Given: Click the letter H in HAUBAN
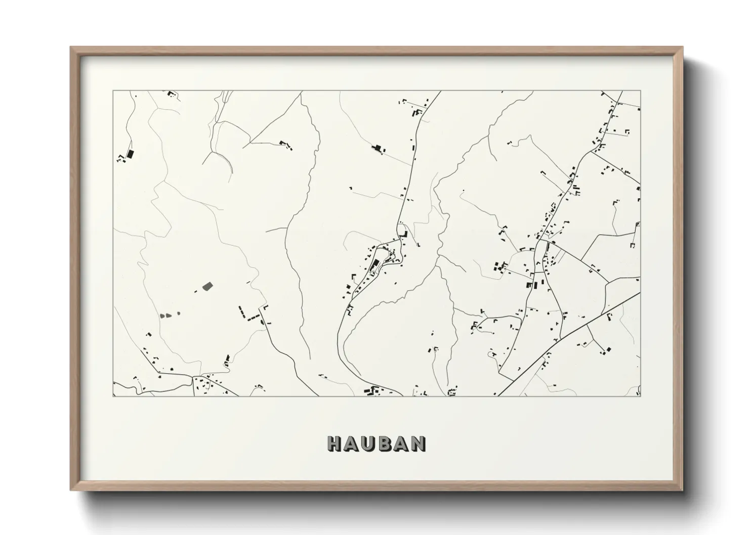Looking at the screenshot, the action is click(x=336, y=443).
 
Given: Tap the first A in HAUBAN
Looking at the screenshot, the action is click(x=353, y=443).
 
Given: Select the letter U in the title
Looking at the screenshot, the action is click(x=369, y=443).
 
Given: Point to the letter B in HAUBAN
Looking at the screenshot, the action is click(x=386, y=443).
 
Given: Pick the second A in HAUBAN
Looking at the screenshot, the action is click(x=401, y=443).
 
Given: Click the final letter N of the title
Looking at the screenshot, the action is click(x=418, y=443).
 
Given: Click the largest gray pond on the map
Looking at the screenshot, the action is click(x=207, y=286).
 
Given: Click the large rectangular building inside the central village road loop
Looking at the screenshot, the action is click(x=376, y=264).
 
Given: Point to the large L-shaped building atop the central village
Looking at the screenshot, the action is click(x=404, y=235).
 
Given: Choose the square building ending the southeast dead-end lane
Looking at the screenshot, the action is click(x=609, y=349).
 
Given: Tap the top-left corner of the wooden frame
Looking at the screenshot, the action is click(x=71, y=48).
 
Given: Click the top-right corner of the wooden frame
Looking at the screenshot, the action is click(x=682, y=48).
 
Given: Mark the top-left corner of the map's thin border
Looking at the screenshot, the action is click(x=113, y=91).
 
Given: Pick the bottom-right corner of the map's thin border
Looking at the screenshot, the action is click(x=640, y=396).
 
